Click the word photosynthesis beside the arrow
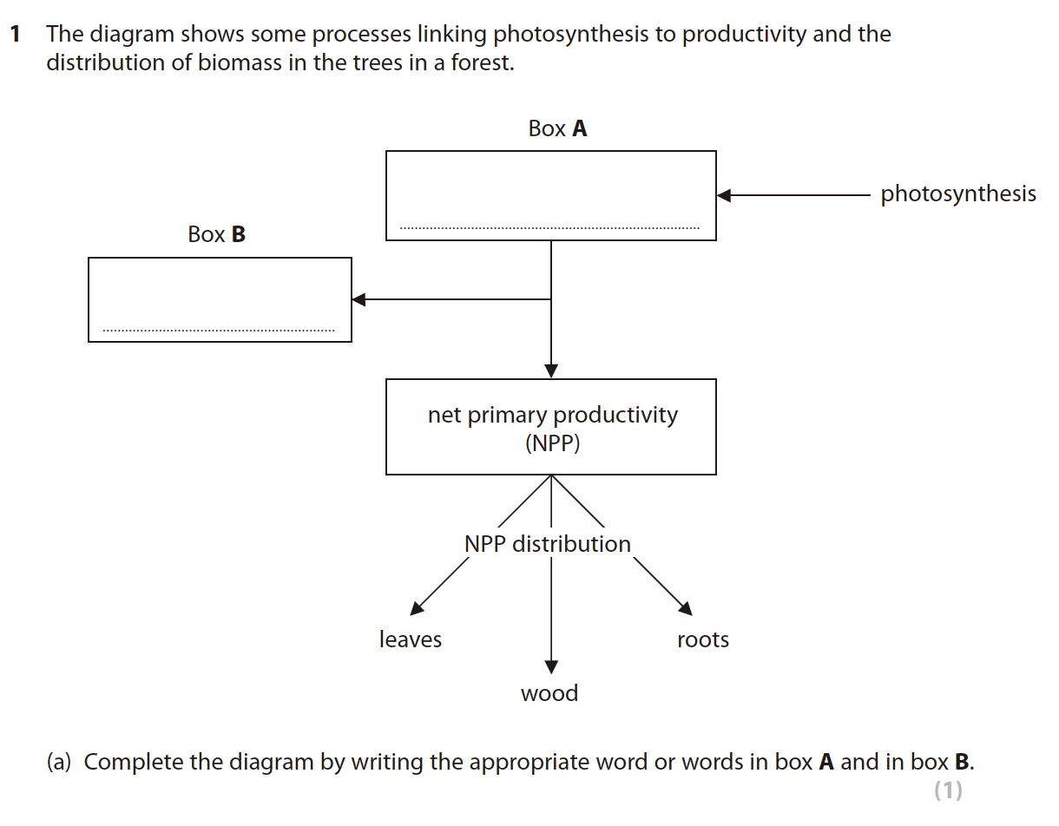(x=958, y=193)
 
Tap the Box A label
(x=557, y=129)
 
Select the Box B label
(x=216, y=234)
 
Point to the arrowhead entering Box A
(x=725, y=195)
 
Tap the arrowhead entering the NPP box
(x=551, y=371)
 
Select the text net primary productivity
(x=552, y=415)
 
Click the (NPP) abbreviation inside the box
(x=552, y=443)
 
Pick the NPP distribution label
(x=548, y=544)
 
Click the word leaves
(x=411, y=639)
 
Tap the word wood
(x=549, y=693)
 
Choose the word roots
(x=703, y=639)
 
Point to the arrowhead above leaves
(x=417, y=607)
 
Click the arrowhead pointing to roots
(x=686, y=608)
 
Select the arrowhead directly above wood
(x=551, y=666)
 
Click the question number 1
(x=15, y=35)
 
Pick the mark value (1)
(x=948, y=790)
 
